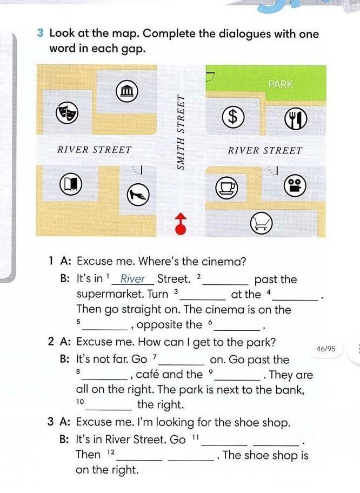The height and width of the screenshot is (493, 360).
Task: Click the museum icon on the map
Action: point(126,91)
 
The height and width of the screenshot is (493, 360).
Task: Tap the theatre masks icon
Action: point(66,114)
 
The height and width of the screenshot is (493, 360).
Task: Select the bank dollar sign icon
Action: point(232,116)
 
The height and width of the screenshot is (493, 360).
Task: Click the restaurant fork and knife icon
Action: point(296,118)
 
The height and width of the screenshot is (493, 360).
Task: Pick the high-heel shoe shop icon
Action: point(138,194)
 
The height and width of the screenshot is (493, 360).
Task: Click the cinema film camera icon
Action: point(295,185)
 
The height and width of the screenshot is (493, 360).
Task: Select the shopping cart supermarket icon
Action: point(261,223)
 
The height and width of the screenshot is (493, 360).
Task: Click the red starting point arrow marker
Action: point(181,224)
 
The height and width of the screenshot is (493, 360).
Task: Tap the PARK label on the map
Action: point(281,84)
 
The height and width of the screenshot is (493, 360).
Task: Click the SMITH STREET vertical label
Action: point(181,132)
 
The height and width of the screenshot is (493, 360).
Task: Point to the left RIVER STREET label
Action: point(94,150)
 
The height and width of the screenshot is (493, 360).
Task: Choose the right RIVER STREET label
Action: point(265,151)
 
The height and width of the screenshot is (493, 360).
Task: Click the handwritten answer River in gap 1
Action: point(132,278)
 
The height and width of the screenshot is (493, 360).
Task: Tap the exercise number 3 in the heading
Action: point(40,33)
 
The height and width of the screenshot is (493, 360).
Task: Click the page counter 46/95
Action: point(326,349)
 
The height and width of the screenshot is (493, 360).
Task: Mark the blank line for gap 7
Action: point(182,365)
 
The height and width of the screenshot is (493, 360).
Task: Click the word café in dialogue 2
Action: point(148,374)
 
